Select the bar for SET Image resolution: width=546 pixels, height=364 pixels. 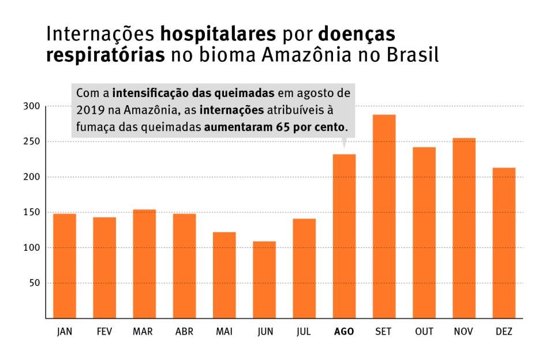tap(384, 217)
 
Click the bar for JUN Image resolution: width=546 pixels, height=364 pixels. tap(264, 280)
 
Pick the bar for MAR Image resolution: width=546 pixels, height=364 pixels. tap(144, 263)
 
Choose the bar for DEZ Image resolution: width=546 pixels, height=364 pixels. tap(504, 243)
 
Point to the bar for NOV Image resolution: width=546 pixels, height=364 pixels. tap(464, 228)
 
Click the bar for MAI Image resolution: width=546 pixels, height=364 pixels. tap(225, 275)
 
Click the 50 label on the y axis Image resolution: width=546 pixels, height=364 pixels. tap(33, 283)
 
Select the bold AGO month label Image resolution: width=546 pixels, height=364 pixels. tap(344, 332)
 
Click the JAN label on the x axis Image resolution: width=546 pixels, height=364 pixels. tap(65, 332)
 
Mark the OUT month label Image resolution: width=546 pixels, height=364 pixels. tap(424, 332)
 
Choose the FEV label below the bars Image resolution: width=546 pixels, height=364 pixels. tap(104, 332)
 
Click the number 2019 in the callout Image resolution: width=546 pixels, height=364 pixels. tap(88, 110)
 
